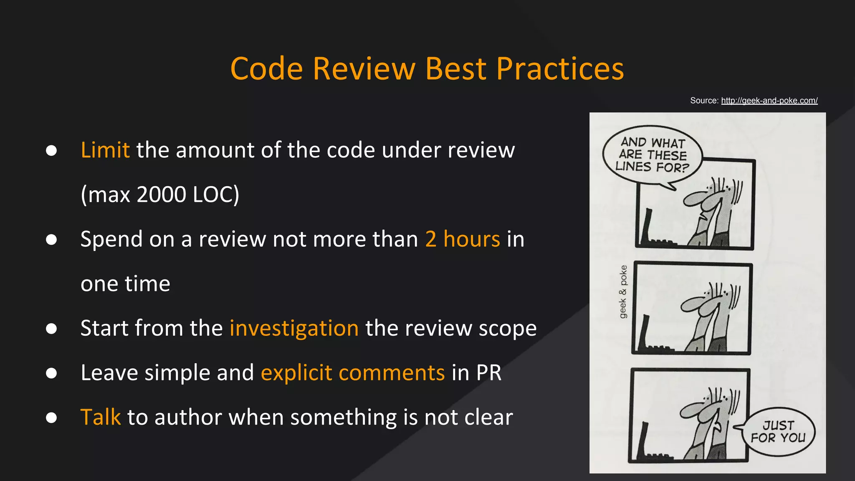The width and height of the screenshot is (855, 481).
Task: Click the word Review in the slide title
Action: tap(364, 68)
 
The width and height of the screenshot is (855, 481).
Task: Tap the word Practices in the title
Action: tap(560, 68)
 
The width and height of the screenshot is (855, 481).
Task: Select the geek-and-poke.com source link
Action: tap(769, 101)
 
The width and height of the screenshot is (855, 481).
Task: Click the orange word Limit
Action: tap(105, 150)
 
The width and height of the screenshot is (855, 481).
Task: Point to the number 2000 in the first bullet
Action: tap(161, 195)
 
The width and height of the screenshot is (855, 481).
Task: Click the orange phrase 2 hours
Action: tap(463, 239)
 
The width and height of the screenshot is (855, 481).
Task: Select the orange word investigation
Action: tap(294, 328)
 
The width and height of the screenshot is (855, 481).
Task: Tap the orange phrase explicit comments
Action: tap(353, 372)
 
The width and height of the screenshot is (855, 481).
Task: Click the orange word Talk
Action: tap(100, 417)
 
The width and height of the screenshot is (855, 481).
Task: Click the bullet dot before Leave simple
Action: tap(51, 373)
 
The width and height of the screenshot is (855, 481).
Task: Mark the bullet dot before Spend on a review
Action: tap(51, 240)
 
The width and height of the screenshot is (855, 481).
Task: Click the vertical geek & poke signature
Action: tap(623, 291)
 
